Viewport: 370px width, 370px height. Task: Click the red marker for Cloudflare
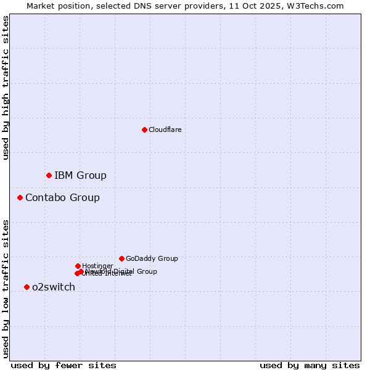click(144, 129)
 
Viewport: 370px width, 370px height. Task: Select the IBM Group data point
click(49, 176)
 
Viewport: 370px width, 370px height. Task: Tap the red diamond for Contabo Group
click(20, 198)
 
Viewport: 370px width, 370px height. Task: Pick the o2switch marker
click(27, 287)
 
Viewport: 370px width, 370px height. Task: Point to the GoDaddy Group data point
click(121, 258)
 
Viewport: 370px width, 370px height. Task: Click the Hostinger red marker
click(78, 266)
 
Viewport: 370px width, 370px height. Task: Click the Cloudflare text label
click(165, 129)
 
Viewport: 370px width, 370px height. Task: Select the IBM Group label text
click(80, 176)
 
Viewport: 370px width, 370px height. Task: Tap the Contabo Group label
click(62, 198)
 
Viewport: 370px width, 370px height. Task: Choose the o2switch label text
click(54, 287)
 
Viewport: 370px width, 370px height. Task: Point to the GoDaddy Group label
click(152, 258)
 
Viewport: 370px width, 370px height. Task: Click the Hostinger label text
click(97, 266)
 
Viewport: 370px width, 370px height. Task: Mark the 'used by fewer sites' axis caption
click(64, 365)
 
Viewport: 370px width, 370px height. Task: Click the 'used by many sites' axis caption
click(310, 365)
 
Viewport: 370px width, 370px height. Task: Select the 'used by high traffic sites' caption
click(6, 88)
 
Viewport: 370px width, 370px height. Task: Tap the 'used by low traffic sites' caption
click(6, 289)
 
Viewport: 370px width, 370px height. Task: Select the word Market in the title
click(41, 6)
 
